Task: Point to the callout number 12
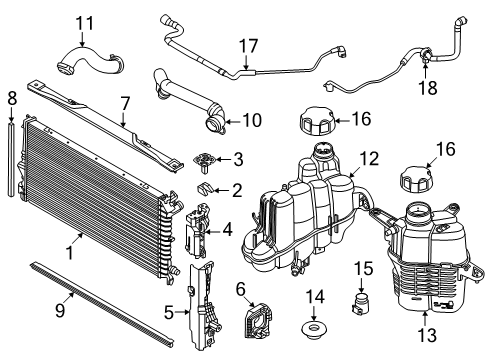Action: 369,158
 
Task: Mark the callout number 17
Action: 247,44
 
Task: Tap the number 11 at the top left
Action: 86,23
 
